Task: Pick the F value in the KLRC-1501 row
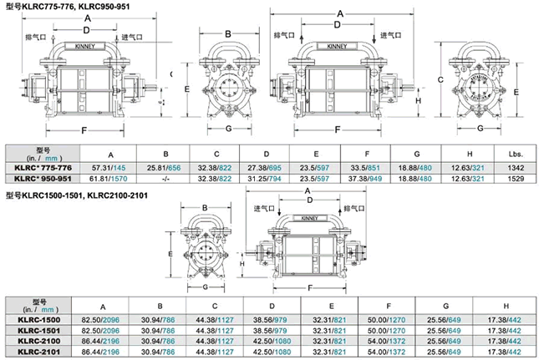click(389, 330)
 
